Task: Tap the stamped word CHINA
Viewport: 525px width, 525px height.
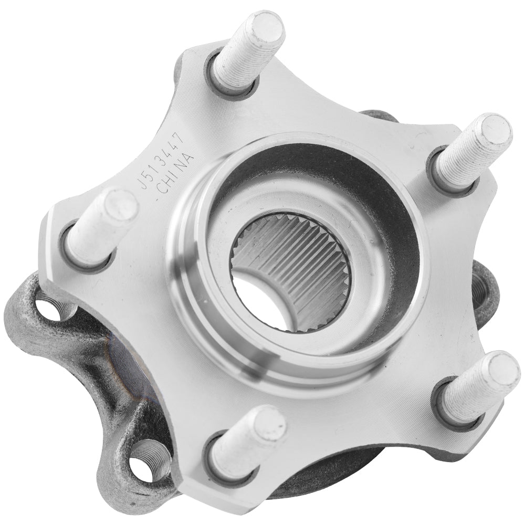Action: point(176,173)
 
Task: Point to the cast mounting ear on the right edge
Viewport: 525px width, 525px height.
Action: point(486,289)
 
